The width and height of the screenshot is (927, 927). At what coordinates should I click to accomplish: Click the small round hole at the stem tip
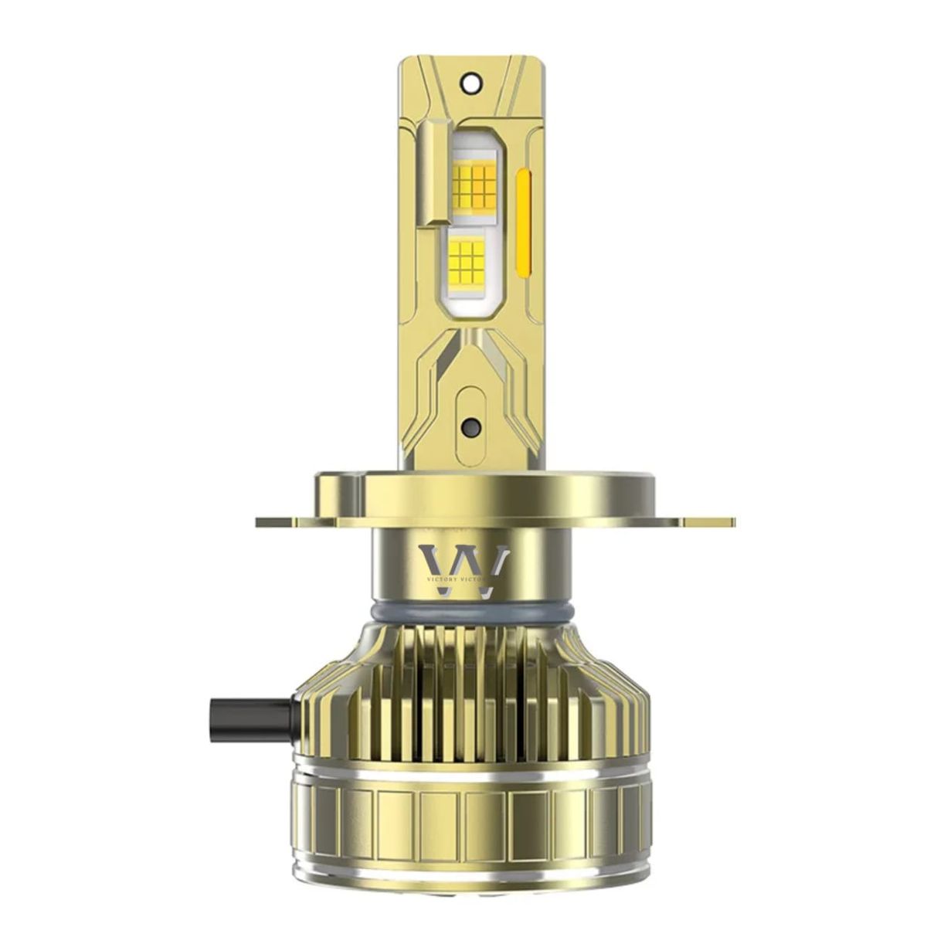click(470, 78)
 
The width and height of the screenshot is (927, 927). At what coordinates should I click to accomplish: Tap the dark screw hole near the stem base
click(468, 427)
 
